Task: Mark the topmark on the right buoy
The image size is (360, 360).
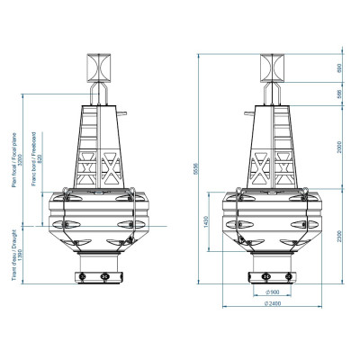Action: coord(273,67)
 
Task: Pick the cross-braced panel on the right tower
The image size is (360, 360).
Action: coord(274,167)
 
